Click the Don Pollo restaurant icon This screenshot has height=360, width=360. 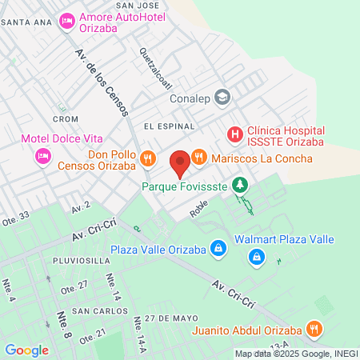tap(146, 158)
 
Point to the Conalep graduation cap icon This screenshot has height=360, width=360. tap(223, 98)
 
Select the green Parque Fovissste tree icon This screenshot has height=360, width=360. tap(239, 186)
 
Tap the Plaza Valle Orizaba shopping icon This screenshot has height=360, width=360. tap(216, 249)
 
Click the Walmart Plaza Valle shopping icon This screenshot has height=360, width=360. tap(257, 257)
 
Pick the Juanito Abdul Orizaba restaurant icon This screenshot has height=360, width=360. tap(315, 327)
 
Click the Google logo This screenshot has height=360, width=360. tap(26, 350)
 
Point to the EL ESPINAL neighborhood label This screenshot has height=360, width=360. tap(170, 126)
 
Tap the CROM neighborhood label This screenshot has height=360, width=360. tap(65, 119)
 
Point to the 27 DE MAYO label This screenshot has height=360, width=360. tap(170, 318)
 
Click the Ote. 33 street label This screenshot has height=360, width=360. tap(15, 216)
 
